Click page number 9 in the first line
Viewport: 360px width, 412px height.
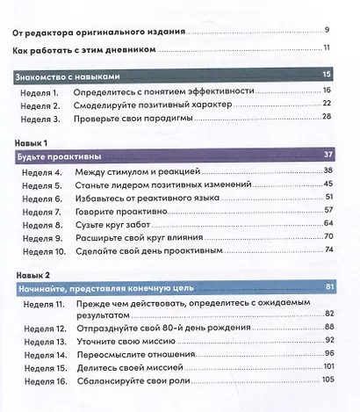click(x=327, y=32)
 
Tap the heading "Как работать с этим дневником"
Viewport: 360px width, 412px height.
click(x=86, y=50)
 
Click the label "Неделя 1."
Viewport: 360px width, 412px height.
click(x=41, y=90)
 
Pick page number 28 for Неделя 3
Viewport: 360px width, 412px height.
click(x=326, y=117)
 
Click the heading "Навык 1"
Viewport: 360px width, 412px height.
click(x=32, y=142)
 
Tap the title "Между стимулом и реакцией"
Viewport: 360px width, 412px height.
click(x=138, y=171)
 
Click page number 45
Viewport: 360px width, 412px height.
click(x=328, y=184)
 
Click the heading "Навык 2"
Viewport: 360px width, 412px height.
click(x=33, y=274)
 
